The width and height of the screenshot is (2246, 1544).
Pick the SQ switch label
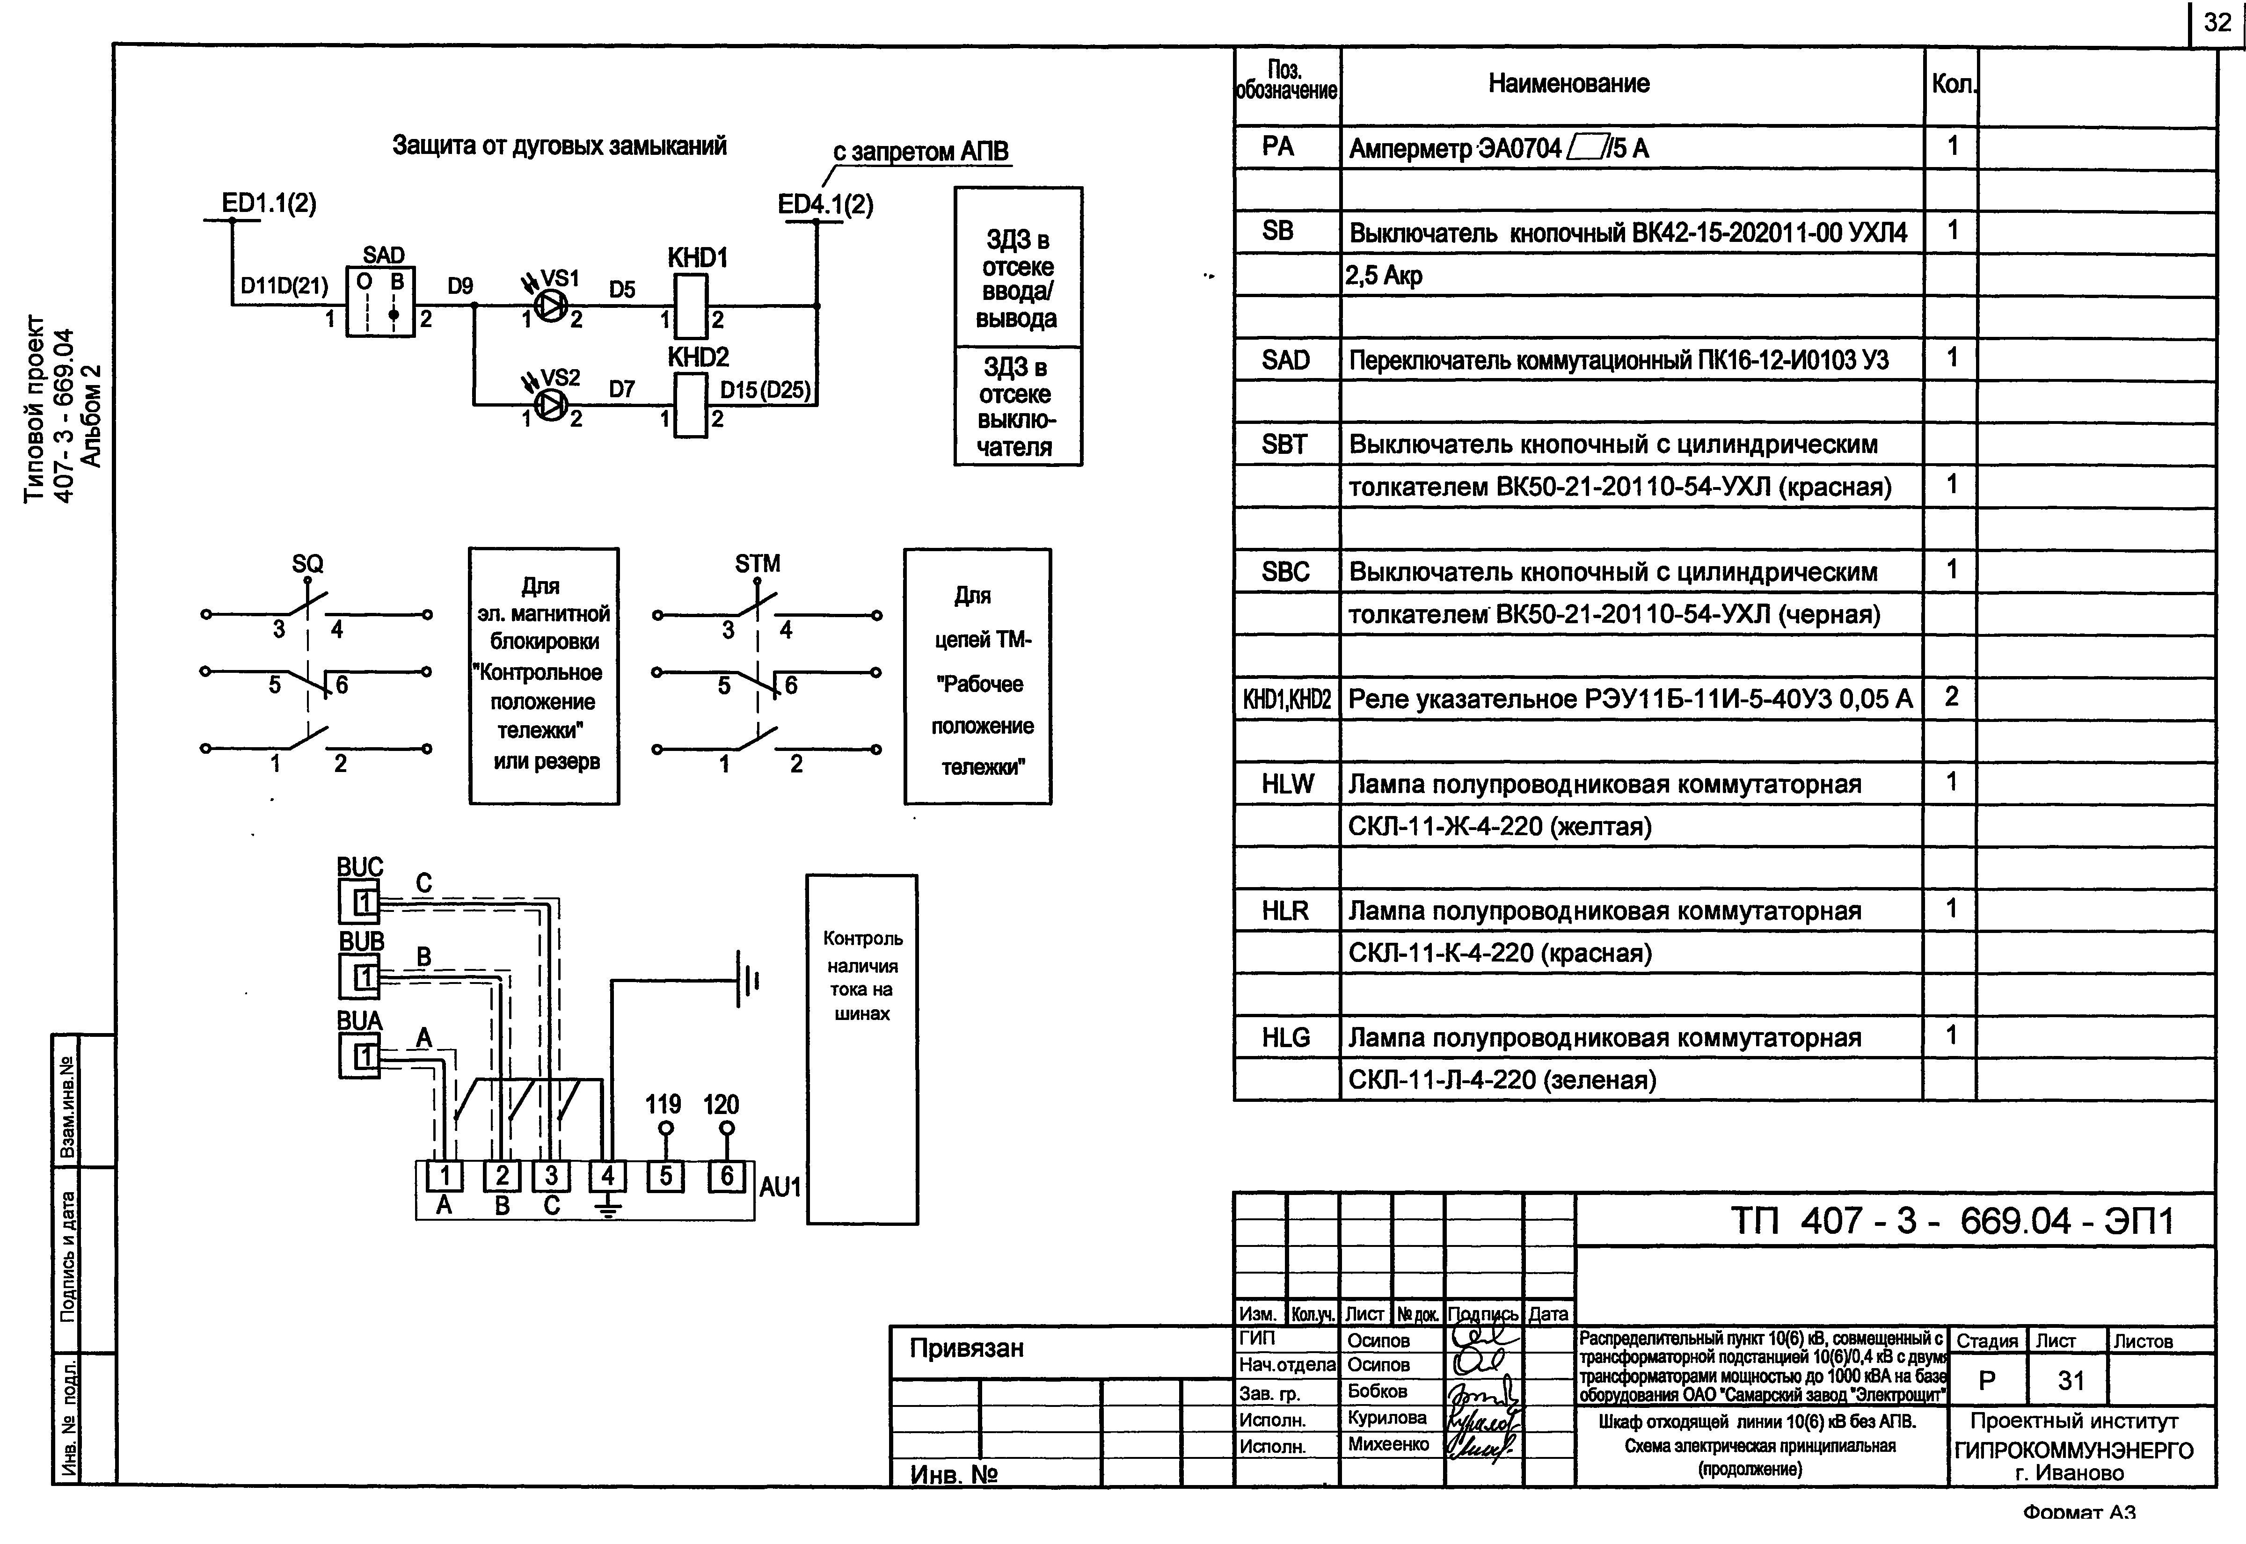(x=307, y=563)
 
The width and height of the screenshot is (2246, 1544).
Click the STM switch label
(x=758, y=563)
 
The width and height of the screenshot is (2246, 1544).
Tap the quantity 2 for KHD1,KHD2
(x=1951, y=697)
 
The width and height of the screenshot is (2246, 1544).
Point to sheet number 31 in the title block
(x=2071, y=1381)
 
